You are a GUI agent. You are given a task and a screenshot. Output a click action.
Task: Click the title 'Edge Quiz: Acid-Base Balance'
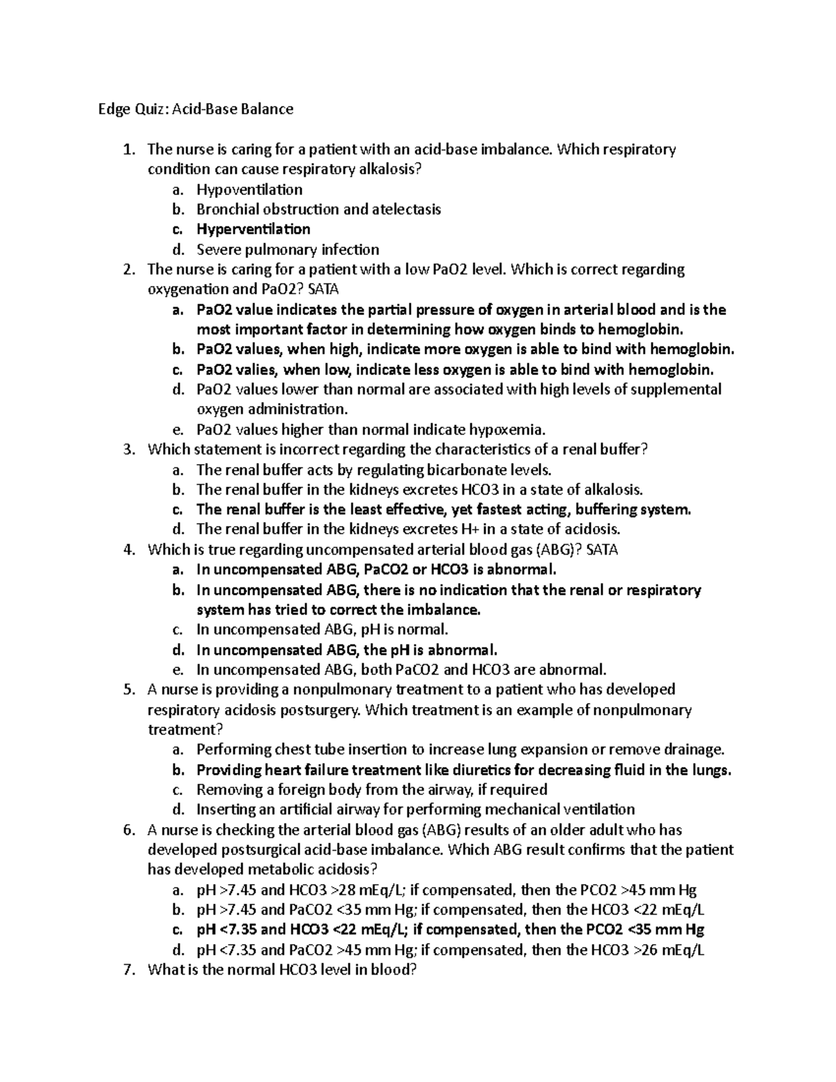tap(194, 109)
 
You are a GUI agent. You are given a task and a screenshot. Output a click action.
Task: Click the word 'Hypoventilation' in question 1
tap(249, 190)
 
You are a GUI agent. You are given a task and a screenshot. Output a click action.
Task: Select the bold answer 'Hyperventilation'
tap(253, 229)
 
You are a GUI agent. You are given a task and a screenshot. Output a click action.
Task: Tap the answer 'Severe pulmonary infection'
tap(288, 249)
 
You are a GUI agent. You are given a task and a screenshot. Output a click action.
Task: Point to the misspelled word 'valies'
tap(256, 369)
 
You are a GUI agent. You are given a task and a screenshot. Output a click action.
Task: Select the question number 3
tap(127, 449)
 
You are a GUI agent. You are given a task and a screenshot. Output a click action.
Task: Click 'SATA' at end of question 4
tap(602, 550)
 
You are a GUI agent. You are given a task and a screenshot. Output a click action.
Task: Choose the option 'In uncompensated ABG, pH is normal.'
tap(323, 630)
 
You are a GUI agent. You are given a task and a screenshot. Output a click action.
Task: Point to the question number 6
tap(127, 830)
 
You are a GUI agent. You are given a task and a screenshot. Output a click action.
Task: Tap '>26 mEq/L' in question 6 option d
tap(667, 950)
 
